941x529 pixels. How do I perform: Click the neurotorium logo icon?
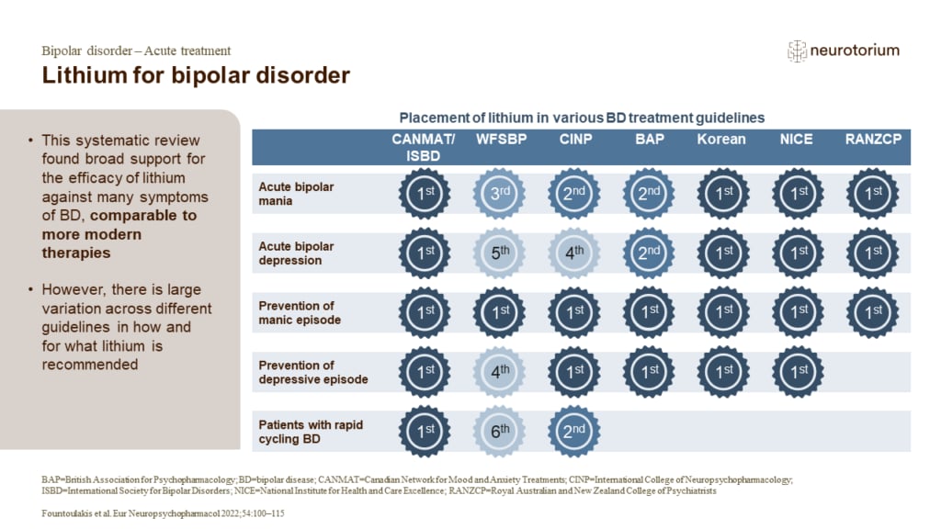point(797,51)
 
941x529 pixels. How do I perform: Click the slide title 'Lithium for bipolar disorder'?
point(196,75)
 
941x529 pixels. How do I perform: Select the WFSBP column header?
point(501,140)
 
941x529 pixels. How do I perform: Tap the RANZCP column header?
point(872,140)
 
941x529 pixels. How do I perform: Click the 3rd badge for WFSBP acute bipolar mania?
point(501,193)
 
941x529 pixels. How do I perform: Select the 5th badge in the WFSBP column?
point(501,253)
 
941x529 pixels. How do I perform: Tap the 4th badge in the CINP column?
point(573,253)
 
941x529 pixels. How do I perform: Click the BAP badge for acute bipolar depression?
point(650,253)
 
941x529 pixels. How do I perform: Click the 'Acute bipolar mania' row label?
point(297,193)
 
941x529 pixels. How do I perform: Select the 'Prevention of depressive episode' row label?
point(312,372)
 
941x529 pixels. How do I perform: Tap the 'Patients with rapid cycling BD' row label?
point(309,431)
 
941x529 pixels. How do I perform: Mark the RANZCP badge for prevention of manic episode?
point(872,312)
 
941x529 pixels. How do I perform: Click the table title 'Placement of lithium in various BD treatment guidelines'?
point(582,118)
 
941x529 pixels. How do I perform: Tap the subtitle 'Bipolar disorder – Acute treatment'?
point(136,51)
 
